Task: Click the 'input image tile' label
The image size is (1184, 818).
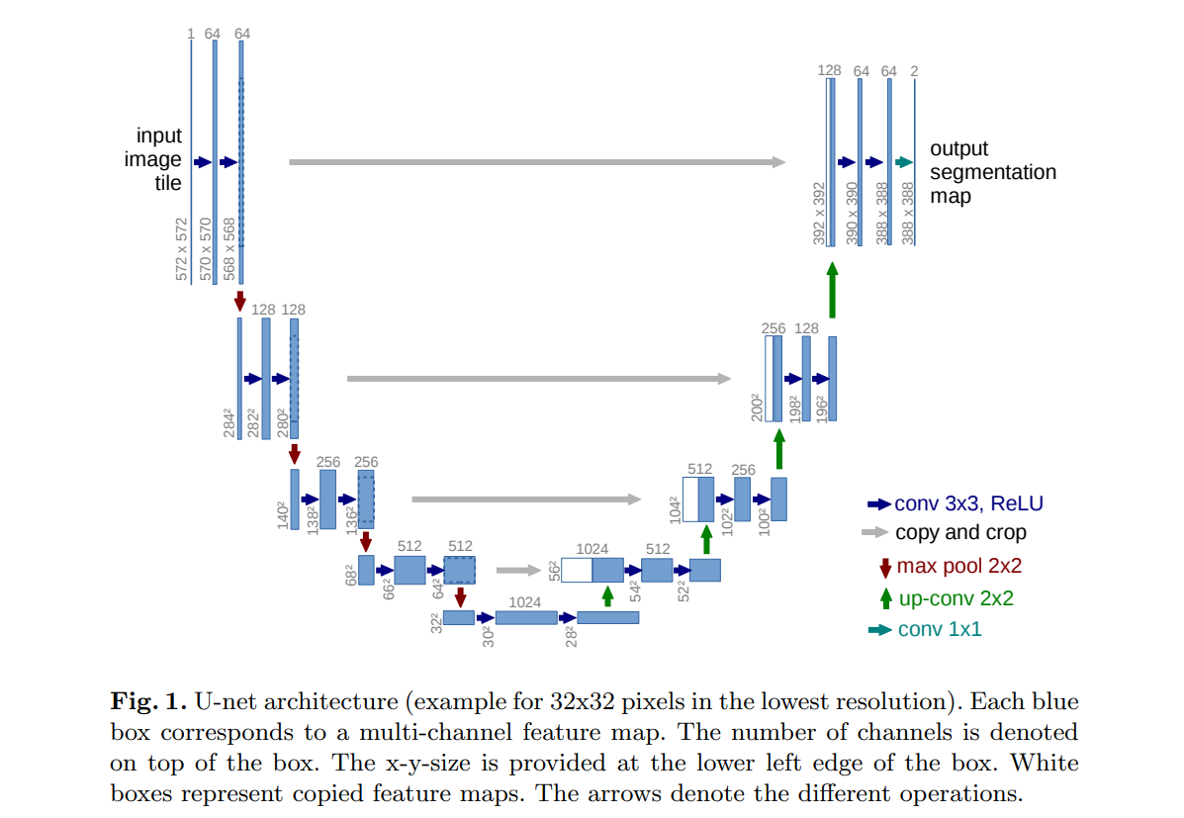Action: coord(158,159)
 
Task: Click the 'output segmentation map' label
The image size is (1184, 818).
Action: coord(992,172)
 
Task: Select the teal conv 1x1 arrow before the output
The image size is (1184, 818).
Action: coord(903,162)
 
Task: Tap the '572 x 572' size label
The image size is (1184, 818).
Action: coord(181,249)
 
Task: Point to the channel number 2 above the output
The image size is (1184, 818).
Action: coord(914,70)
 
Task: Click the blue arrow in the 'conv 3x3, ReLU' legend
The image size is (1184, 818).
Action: coord(877,503)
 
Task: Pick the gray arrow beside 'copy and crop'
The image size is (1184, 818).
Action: coord(874,532)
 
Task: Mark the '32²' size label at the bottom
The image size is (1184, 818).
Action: coord(436,622)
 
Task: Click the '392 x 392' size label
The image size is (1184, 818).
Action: coord(819,214)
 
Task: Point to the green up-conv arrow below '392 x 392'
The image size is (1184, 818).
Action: coord(832,290)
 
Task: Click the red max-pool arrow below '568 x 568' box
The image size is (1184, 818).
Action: coord(239,300)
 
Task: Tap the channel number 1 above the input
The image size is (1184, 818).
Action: coord(190,35)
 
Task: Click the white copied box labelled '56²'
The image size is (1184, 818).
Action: coord(577,570)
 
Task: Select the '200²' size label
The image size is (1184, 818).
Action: coord(757,407)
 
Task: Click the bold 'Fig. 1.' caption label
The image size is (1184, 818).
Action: coord(148,703)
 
